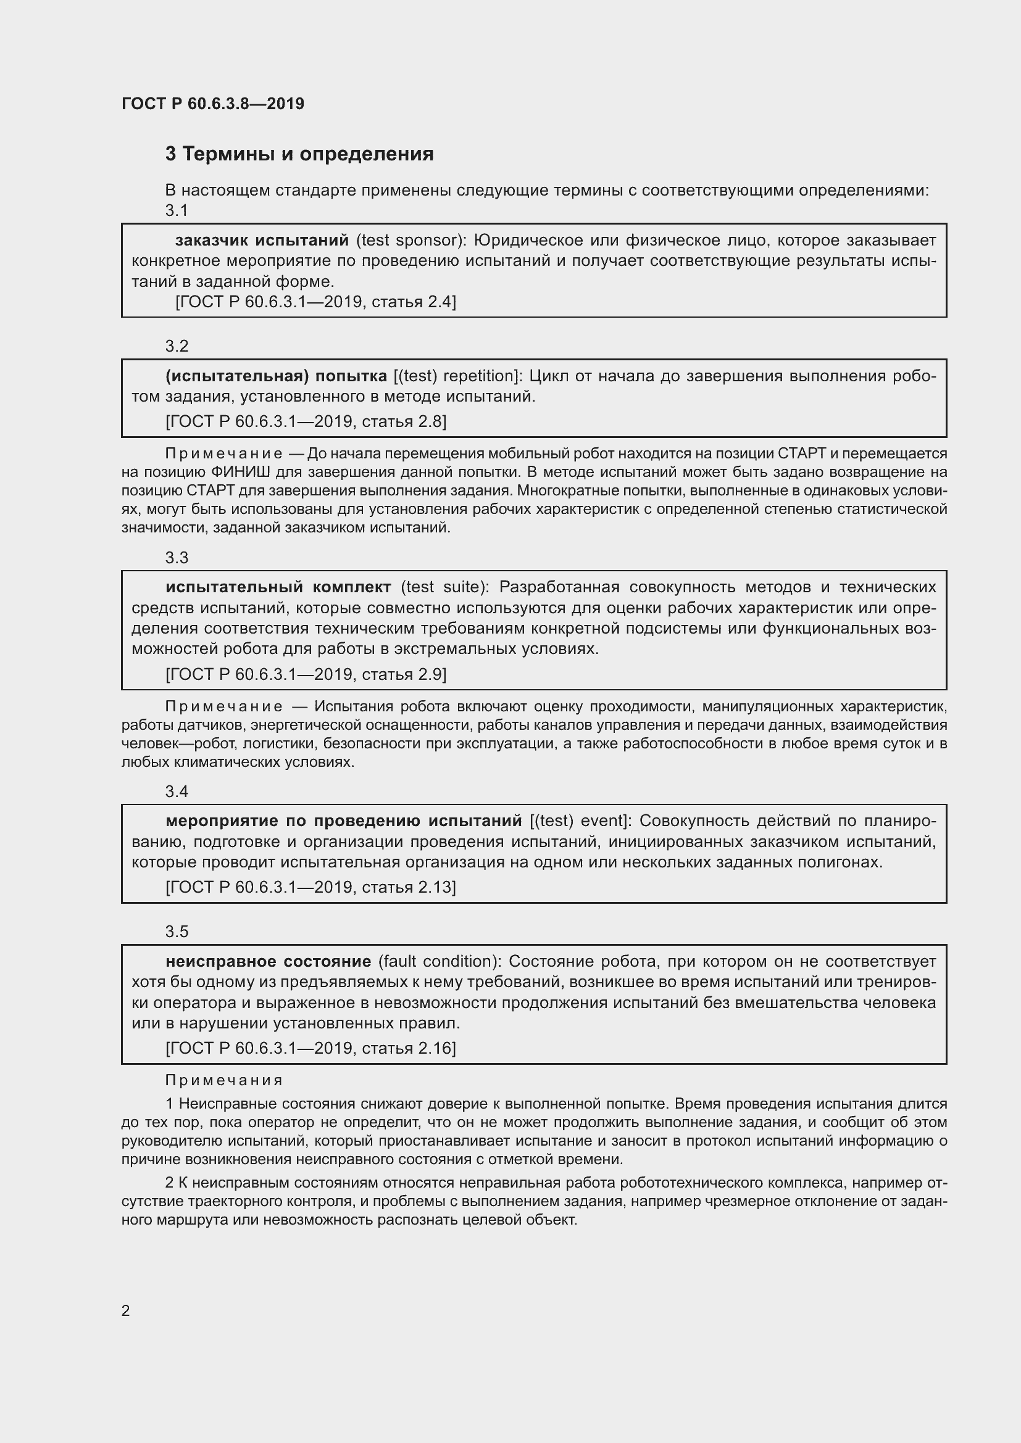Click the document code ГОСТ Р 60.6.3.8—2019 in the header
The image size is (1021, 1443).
click(212, 104)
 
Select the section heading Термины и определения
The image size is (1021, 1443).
click(299, 154)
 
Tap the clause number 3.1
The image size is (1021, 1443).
click(177, 210)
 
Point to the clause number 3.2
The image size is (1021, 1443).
click(177, 346)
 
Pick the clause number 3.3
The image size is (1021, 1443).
click(177, 558)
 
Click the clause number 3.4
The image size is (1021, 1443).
click(177, 792)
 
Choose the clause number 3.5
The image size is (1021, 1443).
click(177, 932)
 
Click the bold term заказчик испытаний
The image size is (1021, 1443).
click(262, 240)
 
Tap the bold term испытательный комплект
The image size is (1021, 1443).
click(278, 587)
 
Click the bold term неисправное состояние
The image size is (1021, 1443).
click(269, 961)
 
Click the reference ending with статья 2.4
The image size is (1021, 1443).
click(315, 302)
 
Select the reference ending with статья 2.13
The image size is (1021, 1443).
click(310, 887)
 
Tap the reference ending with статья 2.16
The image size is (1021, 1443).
click(310, 1048)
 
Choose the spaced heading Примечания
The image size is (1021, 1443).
click(224, 1080)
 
